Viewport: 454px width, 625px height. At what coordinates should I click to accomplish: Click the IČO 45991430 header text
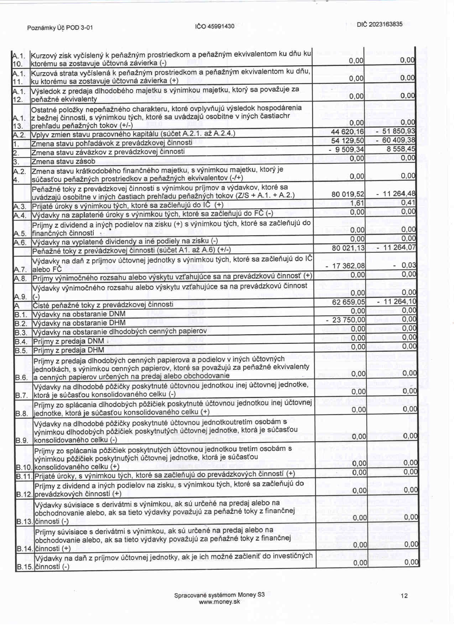click(215, 26)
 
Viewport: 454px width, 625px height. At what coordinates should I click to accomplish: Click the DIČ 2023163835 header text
click(380, 24)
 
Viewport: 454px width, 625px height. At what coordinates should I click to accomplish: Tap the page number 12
click(404, 596)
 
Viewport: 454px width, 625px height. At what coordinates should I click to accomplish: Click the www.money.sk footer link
click(219, 602)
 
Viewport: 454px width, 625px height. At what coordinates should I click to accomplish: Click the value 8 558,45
click(401, 149)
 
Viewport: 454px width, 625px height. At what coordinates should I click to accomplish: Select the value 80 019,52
click(348, 194)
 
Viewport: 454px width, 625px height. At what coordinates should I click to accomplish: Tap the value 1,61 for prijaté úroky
click(357, 203)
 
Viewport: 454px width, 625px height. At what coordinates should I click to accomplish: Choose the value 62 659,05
click(349, 302)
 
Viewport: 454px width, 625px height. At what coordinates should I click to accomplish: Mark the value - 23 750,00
click(346, 320)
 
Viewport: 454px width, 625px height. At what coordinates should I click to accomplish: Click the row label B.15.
click(25, 567)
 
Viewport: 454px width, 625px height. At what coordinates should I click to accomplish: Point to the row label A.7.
click(20, 269)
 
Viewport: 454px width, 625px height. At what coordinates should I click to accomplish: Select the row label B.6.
click(22, 377)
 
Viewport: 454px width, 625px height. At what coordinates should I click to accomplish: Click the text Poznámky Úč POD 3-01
click(60, 28)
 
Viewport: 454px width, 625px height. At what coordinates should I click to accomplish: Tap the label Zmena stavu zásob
click(63, 161)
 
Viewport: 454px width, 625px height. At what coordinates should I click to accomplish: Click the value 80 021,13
click(348, 248)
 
